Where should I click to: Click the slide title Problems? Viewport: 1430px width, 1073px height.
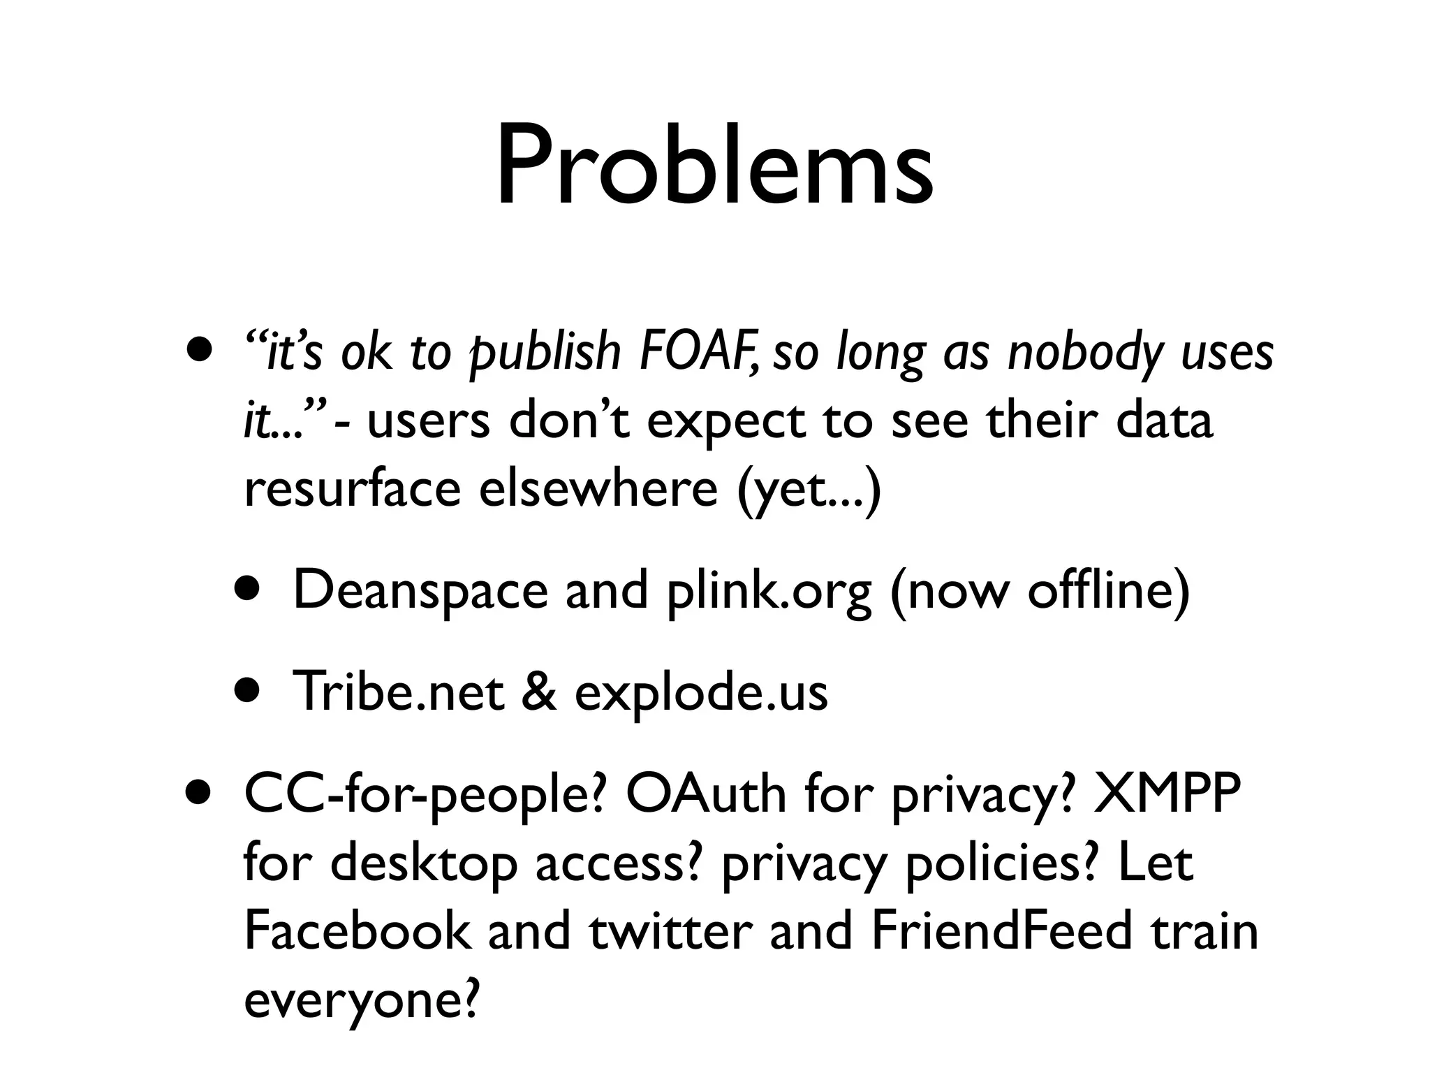coord(714,168)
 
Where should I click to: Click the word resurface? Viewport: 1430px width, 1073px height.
coord(352,488)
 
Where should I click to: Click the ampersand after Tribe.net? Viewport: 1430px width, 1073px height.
coord(538,692)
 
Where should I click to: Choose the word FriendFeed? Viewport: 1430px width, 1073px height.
coord(1001,930)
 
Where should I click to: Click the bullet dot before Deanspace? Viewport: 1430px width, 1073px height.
coord(247,590)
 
